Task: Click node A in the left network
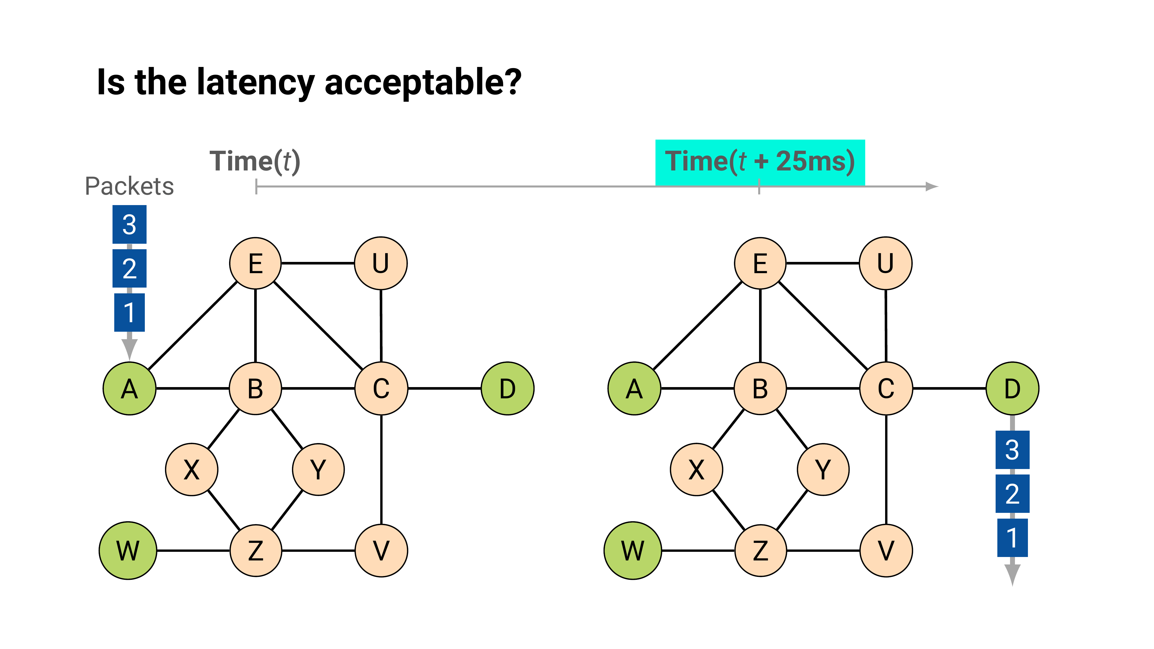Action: [130, 388]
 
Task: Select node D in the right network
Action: [1012, 388]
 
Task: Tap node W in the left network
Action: [128, 550]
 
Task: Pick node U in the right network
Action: [885, 263]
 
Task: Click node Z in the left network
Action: [255, 550]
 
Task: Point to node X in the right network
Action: [696, 469]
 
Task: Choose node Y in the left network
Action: [318, 469]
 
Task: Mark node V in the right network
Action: [886, 550]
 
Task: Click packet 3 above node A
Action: [130, 224]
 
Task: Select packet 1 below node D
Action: [1012, 537]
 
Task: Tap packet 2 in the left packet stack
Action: [130, 268]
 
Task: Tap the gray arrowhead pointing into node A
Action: [130, 348]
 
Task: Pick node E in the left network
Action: [255, 263]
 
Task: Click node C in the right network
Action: [886, 388]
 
